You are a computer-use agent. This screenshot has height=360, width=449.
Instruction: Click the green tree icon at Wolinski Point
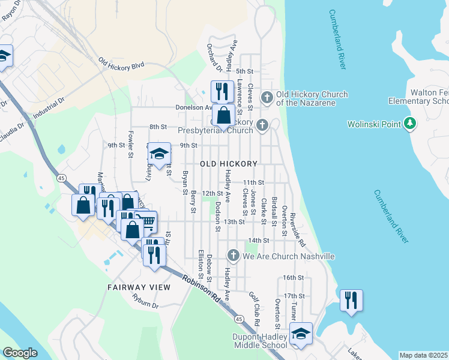(x=409, y=124)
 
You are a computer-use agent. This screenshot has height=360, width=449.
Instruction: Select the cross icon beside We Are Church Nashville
(x=234, y=256)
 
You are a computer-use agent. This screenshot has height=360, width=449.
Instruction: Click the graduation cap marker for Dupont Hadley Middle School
(x=301, y=333)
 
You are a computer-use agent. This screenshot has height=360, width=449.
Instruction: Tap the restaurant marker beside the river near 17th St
(x=351, y=299)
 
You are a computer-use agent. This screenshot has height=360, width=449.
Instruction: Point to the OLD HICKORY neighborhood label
(x=228, y=164)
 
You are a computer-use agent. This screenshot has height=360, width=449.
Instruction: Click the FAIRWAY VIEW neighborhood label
(x=139, y=287)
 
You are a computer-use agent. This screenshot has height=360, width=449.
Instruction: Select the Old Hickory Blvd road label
(x=122, y=64)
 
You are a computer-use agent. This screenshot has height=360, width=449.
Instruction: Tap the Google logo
(x=20, y=352)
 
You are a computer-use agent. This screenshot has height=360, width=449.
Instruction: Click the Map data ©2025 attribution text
(x=423, y=355)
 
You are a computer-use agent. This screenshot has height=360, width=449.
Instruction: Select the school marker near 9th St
(x=159, y=154)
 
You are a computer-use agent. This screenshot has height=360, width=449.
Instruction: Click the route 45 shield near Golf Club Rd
(x=239, y=318)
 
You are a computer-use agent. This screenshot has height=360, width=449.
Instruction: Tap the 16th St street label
(x=294, y=278)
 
